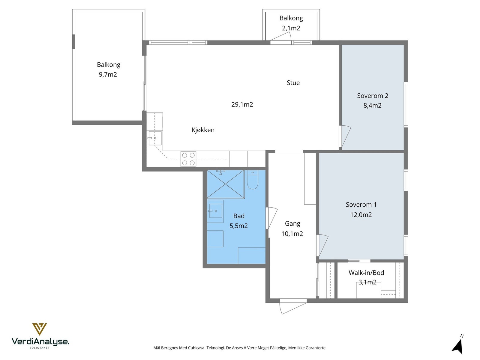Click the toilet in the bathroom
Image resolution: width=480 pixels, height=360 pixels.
(x=253, y=179)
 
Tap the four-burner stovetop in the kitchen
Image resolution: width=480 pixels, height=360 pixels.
(x=188, y=159)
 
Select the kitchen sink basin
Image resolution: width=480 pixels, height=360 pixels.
(x=155, y=138)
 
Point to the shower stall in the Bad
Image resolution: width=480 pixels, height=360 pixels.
(x=226, y=184)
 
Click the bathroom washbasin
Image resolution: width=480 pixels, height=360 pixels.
(x=216, y=211)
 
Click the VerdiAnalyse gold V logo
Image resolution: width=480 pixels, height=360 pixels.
(x=40, y=329)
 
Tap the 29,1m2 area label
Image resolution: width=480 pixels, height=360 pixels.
(x=242, y=104)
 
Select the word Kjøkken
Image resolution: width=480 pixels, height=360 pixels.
(x=203, y=130)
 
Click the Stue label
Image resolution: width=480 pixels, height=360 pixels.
(x=293, y=83)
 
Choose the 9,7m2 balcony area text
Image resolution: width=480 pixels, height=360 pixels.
(x=108, y=74)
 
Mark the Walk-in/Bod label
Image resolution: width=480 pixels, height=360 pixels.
(x=366, y=273)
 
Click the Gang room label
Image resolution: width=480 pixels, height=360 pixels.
(x=292, y=224)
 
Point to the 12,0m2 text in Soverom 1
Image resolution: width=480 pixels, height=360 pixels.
(x=361, y=215)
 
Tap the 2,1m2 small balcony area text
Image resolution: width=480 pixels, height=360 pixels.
(x=291, y=28)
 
